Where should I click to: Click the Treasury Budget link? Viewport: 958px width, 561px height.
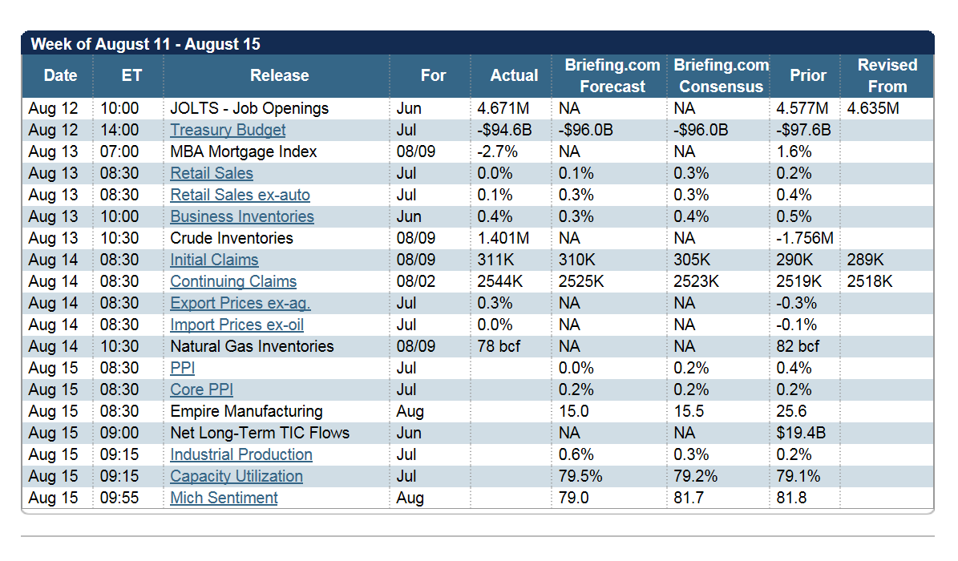pyautogui.click(x=228, y=130)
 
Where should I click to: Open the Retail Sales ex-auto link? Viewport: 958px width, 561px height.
pyautogui.click(x=241, y=195)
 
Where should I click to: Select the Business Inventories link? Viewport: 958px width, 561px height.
pyautogui.click(x=242, y=216)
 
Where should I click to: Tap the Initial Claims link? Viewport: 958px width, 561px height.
pyautogui.click(x=215, y=260)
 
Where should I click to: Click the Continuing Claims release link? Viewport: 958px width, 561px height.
pyautogui.click(x=233, y=282)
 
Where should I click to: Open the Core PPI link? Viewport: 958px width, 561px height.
pyautogui.click(x=201, y=389)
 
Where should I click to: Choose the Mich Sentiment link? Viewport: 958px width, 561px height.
pyautogui.click(x=224, y=498)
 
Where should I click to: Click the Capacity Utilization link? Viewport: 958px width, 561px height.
pyautogui.click(x=236, y=476)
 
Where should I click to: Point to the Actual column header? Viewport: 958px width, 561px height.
pyautogui.click(x=515, y=75)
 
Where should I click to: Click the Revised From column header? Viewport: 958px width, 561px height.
pyautogui.click(x=887, y=76)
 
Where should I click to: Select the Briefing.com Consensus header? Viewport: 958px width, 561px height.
pyautogui.click(x=722, y=76)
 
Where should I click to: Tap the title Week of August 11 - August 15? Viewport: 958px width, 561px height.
pyautogui.click(x=145, y=44)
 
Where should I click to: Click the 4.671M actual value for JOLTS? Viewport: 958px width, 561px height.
pyautogui.click(x=503, y=108)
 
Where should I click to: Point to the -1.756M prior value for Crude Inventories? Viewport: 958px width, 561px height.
pyautogui.click(x=805, y=238)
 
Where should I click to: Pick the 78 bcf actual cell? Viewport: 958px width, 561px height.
pyautogui.click(x=499, y=346)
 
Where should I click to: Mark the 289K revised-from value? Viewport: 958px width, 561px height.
pyautogui.click(x=866, y=260)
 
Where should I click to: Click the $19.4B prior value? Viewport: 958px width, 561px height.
pyautogui.click(x=801, y=433)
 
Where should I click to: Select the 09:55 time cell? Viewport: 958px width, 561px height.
pyautogui.click(x=119, y=498)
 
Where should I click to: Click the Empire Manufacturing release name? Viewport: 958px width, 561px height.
pyautogui.click(x=247, y=411)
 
